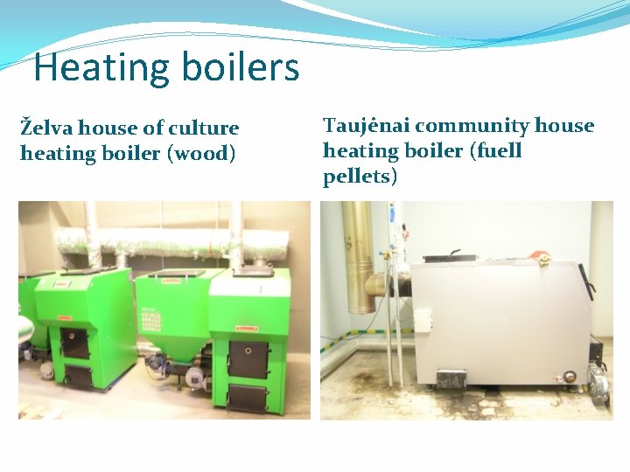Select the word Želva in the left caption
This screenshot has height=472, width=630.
[46, 128]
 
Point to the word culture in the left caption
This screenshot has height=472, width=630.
[204, 128]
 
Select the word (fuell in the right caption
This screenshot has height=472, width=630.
[497, 151]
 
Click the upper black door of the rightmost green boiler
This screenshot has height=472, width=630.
[248, 359]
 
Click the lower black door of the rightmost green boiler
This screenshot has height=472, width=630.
[248, 399]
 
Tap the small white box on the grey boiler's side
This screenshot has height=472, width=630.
[423, 321]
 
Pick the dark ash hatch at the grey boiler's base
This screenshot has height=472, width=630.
[451, 380]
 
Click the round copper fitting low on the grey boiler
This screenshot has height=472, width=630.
[570, 376]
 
